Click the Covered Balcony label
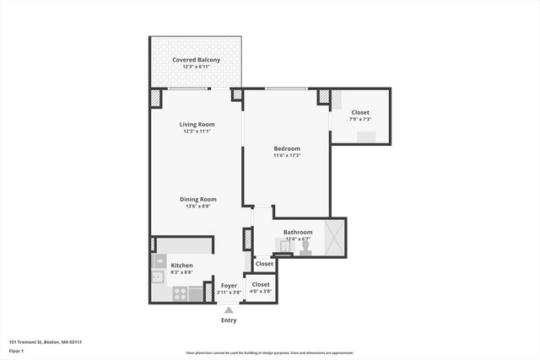click(x=197, y=60)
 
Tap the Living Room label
click(x=196, y=124)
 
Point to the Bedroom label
click(x=287, y=148)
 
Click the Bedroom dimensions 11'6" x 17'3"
click(x=287, y=155)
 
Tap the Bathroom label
click(x=298, y=232)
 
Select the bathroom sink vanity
click(x=284, y=246)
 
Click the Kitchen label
click(x=181, y=266)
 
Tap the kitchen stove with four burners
click(x=180, y=293)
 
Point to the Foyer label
click(x=229, y=285)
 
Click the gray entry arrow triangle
click(x=229, y=309)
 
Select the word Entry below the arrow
click(x=229, y=320)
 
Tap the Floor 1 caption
click(x=16, y=350)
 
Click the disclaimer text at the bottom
click(x=269, y=353)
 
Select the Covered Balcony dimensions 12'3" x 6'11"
click(x=197, y=67)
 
